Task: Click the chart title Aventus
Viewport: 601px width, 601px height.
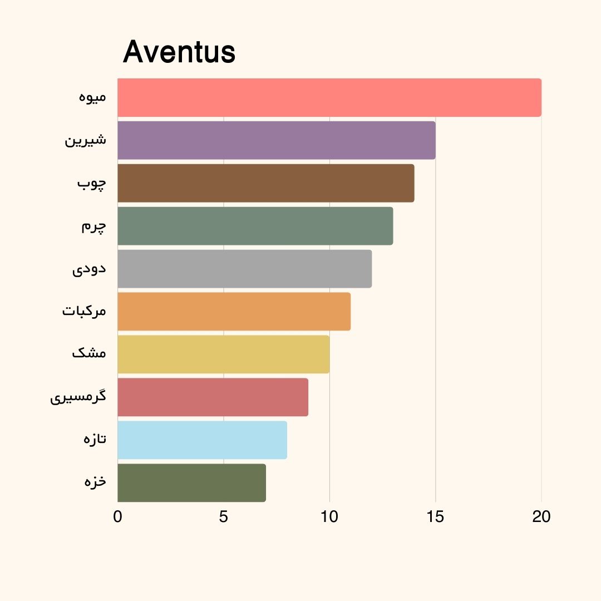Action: point(179,52)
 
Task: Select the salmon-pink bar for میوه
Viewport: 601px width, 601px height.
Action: point(329,98)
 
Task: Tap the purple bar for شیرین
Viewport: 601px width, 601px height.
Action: point(276,140)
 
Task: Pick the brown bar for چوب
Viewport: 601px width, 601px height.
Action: point(265,183)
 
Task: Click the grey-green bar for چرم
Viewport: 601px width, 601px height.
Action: point(255,226)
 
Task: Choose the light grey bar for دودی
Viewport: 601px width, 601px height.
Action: point(244,269)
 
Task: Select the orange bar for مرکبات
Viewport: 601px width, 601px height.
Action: point(234,312)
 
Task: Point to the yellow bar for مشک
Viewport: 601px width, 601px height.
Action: point(223,354)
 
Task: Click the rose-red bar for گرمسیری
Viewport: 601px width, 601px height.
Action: point(213,397)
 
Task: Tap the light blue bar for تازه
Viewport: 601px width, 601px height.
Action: point(202,440)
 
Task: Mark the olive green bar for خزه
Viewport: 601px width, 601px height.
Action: point(191,482)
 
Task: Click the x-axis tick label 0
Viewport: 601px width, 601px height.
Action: point(117,517)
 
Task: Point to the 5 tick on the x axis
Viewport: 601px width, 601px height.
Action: point(224,517)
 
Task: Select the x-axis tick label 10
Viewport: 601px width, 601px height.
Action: point(329,517)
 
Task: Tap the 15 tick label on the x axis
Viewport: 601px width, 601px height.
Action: point(435,517)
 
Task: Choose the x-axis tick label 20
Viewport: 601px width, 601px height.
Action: point(541,517)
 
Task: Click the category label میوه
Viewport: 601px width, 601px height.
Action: point(92,97)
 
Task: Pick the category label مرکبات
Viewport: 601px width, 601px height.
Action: point(84,311)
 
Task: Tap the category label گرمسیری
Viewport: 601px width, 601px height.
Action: point(78,397)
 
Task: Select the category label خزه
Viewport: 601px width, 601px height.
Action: point(95,481)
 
